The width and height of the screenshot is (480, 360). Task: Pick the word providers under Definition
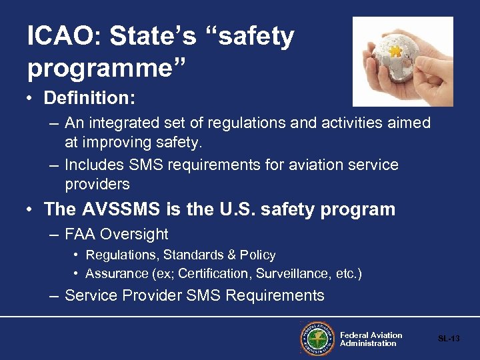(x=97, y=183)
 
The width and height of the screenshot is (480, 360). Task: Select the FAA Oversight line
(x=116, y=234)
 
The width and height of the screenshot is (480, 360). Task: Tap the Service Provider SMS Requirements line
(x=194, y=295)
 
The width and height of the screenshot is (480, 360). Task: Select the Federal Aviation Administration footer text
(x=371, y=339)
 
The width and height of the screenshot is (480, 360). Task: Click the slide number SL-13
(x=449, y=339)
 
